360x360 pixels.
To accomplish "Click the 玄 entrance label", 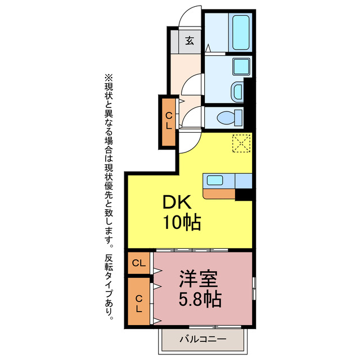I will pos(191,40).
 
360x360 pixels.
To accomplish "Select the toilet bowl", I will pos(229,118).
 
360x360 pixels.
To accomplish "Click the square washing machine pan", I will pos(241,65).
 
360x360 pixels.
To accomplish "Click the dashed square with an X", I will pos(241,144).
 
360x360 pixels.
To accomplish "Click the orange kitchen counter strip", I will pos(219,194).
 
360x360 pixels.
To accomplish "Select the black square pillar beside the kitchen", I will pos(243,194).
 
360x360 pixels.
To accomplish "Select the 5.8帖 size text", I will pos(200,299).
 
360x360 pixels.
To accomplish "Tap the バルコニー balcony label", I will pos(203,339).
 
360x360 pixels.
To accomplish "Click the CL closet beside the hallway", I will pos(168,121).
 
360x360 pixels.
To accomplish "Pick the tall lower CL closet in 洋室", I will pos(139,302).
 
